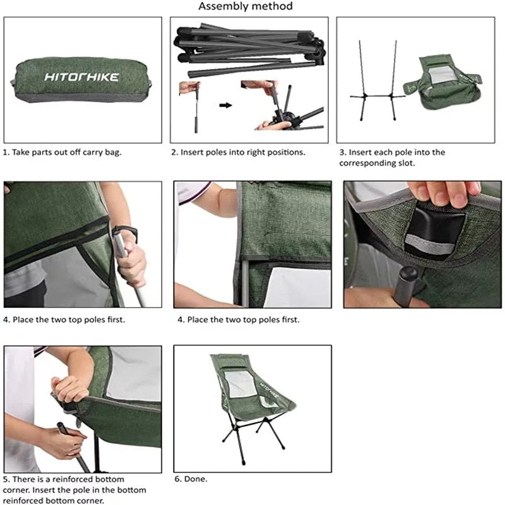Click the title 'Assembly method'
pos(246,6)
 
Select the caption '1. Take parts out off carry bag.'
pos(62,152)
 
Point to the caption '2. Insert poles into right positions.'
pos(239,152)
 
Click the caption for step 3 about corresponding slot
pos(392,157)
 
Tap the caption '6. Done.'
pos(191,479)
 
